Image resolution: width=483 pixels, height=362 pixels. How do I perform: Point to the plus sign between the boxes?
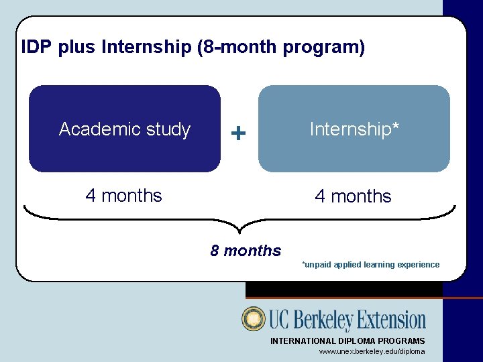pyautogui.click(x=238, y=133)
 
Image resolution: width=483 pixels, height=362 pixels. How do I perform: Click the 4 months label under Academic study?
pyautogui.click(x=123, y=196)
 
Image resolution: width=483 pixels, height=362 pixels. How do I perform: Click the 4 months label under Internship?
pyautogui.click(x=353, y=196)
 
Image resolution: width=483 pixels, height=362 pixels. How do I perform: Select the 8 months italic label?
pyautogui.click(x=246, y=251)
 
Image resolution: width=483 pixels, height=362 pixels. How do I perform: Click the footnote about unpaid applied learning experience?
pyautogui.click(x=371, y=265)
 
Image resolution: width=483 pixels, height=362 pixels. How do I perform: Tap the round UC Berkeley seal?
pyautogui.click(x=254, y=319)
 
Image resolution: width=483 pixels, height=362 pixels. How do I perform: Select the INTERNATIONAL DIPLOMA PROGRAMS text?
pyautogui.click(x=347, y=341)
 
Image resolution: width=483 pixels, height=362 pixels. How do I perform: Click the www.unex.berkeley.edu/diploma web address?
pyautogui.click(x=372, y=351)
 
